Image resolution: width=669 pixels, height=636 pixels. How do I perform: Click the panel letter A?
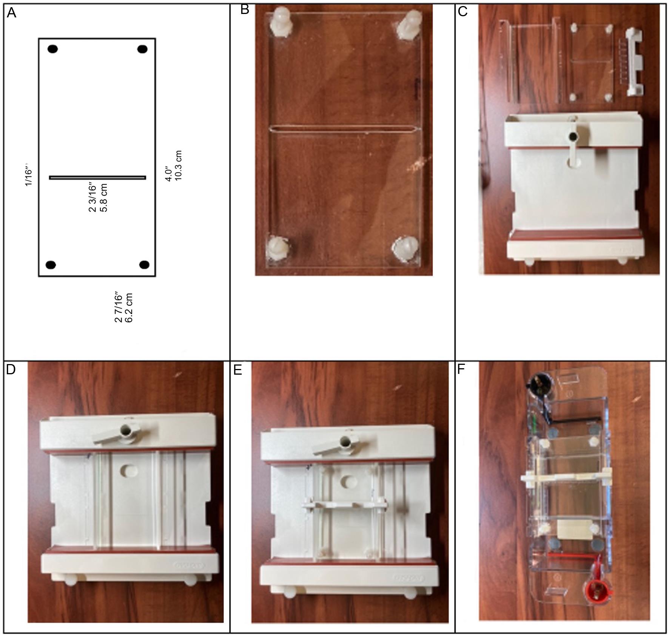12,13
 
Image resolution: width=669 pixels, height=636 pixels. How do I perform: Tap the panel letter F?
461,369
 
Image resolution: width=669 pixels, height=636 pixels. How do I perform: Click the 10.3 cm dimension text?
179,165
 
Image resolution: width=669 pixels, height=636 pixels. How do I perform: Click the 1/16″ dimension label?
29,175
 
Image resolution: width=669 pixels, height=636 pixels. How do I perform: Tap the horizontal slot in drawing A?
97,178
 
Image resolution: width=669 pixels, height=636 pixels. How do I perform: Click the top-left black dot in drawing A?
52,49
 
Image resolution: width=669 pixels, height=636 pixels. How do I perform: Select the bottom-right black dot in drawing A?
144,264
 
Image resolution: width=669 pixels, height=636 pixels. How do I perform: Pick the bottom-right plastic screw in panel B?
405,249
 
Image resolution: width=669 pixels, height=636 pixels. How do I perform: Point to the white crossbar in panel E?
344,505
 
